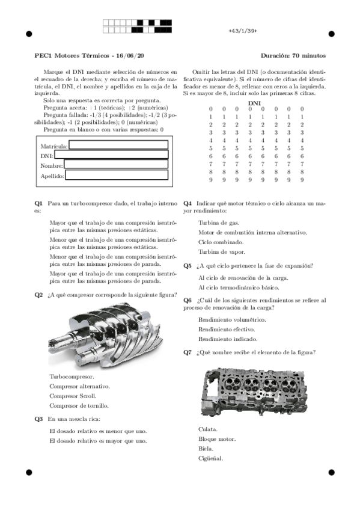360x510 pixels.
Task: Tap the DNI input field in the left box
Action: [111, 155]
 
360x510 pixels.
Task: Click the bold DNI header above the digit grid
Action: [255, 103]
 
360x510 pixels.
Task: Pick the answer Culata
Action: [207, 429]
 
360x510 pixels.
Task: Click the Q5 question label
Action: [188, 265]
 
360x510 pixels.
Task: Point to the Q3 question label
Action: [38, 419]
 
